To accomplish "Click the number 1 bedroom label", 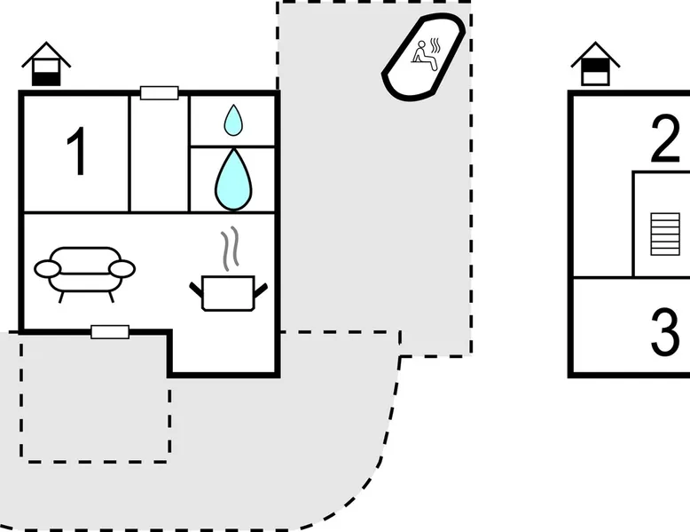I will point(78,152).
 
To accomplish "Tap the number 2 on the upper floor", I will point(665,142).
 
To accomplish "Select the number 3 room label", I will point(665,332).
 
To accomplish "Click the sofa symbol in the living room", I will point(84,270).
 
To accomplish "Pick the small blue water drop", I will point(233,120).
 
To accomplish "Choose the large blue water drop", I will point(233,179).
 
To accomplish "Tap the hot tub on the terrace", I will point(424,56).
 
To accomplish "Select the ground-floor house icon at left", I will point(46,64).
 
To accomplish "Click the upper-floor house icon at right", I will point(596,64).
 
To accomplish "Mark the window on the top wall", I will point(160,92).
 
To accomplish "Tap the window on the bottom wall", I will point(110,332).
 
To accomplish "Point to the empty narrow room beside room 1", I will point(160,152).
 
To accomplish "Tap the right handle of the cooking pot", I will point(260,287).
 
